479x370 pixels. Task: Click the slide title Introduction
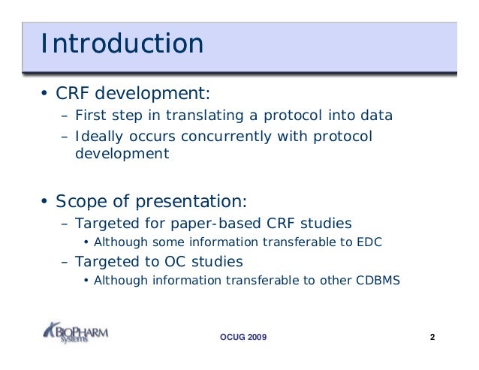tap(122, 44)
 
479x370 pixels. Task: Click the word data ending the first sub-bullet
tap(378, 116)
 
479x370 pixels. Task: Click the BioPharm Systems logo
tap(75, 332)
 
